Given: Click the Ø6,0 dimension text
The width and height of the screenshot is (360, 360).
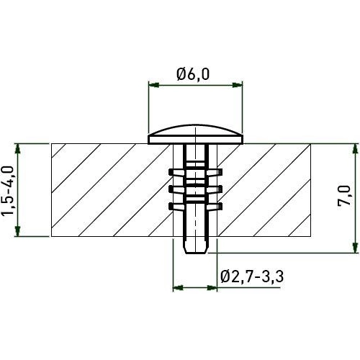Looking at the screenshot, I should pos(194,73).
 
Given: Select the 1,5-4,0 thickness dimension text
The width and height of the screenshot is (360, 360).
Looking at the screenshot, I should pos(9,191).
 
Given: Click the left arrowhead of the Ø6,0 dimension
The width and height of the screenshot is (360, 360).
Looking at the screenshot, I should pos(153,86).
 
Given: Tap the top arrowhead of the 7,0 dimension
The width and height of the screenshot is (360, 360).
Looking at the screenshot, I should pos(354,146).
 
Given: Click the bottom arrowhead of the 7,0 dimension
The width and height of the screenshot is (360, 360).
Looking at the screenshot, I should pos(354,248).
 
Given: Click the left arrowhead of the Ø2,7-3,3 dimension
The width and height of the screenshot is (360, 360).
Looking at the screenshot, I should pos(177,288).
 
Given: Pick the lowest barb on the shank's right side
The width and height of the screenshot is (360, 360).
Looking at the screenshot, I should pos(217,207).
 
